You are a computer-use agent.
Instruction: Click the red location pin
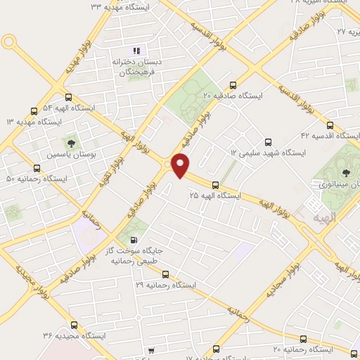(181, 165)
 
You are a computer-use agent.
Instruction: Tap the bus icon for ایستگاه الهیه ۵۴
(68, 98)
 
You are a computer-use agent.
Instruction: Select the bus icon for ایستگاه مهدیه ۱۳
(34, 111)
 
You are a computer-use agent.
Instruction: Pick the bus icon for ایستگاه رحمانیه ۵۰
(37, 168)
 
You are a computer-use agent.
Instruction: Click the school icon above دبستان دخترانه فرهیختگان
(136, 51)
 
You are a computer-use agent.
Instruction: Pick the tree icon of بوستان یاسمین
(70, 143)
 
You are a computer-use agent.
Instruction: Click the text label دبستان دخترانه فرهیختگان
(136, 67)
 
